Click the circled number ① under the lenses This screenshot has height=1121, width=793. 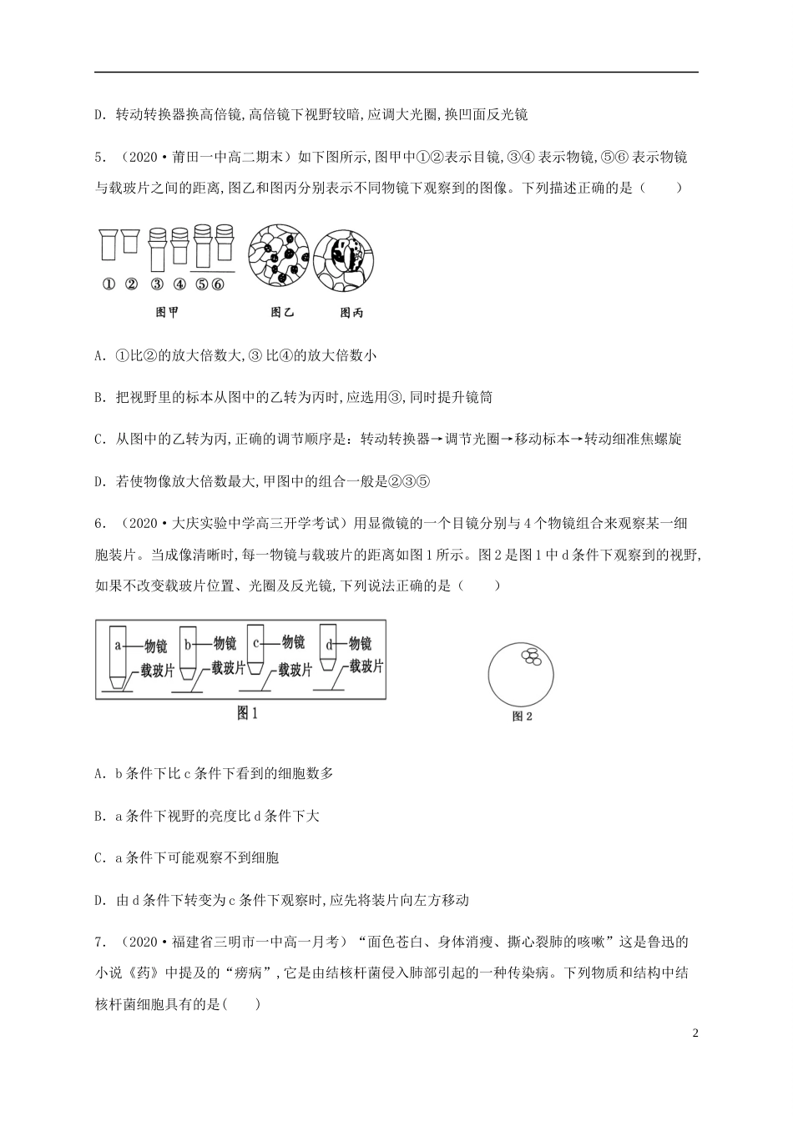[109, 284]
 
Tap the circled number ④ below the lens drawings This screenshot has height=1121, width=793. [179, 284]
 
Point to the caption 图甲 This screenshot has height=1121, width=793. [167, 313]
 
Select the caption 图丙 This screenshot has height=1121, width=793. [351, 314]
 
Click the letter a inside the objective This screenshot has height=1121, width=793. [119, 645]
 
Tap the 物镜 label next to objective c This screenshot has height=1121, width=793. [292, 641]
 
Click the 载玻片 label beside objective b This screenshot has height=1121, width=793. [228, 667]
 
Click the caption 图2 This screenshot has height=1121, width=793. [522, 716]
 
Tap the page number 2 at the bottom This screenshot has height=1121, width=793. [695, 1033]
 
